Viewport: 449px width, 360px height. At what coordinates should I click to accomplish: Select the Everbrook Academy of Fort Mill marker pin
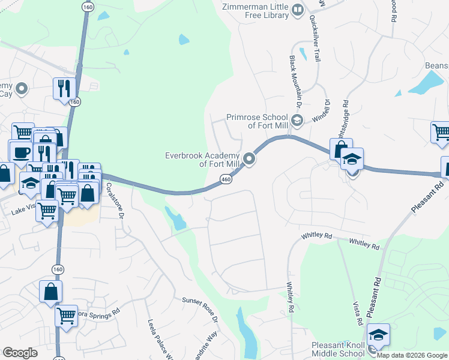(249, 159)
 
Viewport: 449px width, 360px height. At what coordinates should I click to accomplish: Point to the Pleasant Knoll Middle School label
(337, 349)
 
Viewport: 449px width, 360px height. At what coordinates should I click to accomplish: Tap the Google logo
(20, 353)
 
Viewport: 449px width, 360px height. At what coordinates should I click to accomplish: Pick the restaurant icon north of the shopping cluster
(62, 89)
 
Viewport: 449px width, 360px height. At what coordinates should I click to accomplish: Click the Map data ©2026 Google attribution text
(412, 355)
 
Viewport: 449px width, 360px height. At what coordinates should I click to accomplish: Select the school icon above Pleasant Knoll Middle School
(378, 335)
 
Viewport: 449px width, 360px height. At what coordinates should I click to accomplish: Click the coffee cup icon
(20, 151)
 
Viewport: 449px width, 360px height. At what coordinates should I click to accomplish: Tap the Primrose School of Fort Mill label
(257, 121)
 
